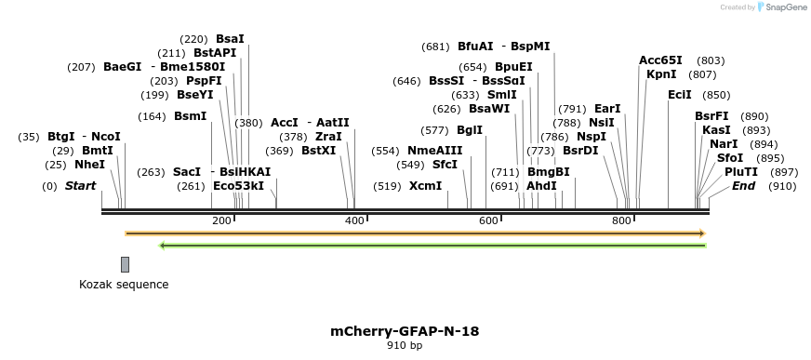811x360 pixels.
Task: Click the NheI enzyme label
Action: coord(89,165)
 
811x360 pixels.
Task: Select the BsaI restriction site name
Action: coord(230,39)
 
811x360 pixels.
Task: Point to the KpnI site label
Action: coord(661,74)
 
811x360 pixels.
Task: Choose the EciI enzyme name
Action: coord(680,95)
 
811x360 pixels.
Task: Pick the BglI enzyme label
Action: coord(470,129)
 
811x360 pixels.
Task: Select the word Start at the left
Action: coord(80,186)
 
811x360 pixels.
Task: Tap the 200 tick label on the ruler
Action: coord(221,220)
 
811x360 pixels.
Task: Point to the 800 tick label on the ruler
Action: coord(621,220)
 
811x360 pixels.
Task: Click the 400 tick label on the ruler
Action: coord(354,220)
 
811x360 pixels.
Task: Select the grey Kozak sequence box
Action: coord(125,264)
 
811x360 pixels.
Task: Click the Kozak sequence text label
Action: coord(124,284)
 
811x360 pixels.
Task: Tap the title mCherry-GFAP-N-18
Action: coord(405,330)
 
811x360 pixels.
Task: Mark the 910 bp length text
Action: coord(405,345)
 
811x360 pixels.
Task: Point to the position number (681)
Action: coord(435,47)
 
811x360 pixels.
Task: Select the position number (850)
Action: coord(716,95)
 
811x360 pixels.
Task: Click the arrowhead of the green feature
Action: coord(163,246)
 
